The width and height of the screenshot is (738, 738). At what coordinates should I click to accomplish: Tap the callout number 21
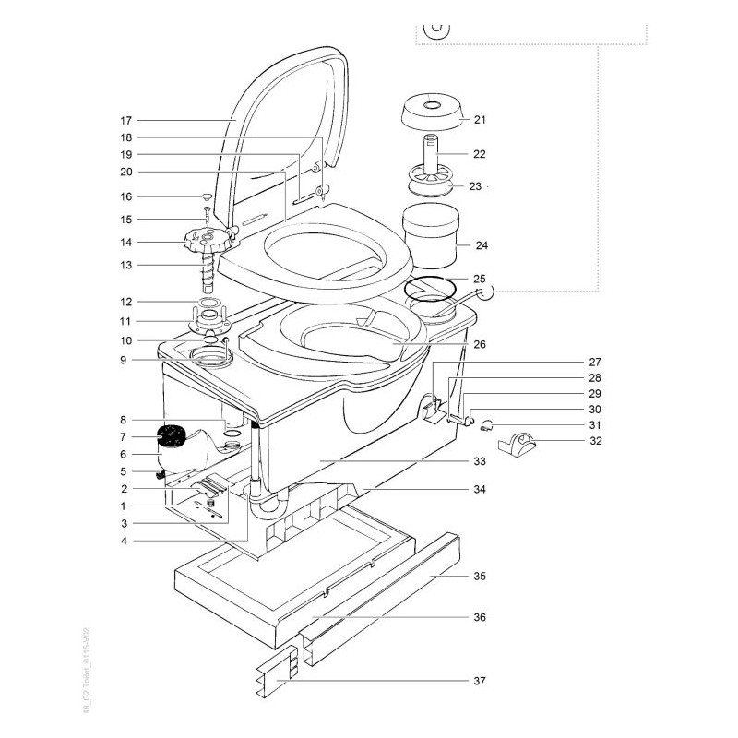pos(479,119)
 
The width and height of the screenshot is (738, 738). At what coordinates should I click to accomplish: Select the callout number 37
pos(479,682)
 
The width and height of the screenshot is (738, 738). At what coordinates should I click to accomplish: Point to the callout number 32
pos(596,441)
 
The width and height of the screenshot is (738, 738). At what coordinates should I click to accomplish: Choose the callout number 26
pos(479,344)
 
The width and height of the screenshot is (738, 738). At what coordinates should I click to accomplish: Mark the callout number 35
pos(479,576)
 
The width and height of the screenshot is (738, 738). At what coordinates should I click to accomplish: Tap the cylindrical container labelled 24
pos(431,234)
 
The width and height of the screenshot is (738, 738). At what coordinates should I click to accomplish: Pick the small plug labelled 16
pos(207,196)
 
